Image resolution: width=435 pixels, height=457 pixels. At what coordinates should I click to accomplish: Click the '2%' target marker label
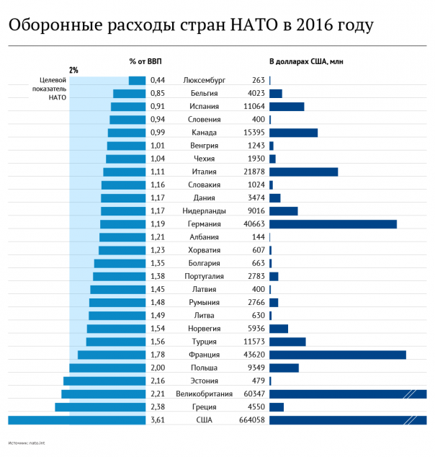pos(73,70)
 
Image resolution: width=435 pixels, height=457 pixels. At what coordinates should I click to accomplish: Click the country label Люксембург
pos(205,81)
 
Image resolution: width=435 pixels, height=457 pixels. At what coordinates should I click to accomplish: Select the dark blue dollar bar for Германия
pos(333,224)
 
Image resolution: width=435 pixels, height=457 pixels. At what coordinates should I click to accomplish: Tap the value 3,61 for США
pos(158,420)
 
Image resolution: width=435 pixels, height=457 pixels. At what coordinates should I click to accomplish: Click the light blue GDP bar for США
pos(77,420)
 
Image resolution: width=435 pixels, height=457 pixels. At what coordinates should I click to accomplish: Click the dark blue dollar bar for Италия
pos(303,172)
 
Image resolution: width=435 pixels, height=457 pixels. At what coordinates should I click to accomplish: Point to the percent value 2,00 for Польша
pos(158,368)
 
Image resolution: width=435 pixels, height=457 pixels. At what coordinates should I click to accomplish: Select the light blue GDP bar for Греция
pos(101,407)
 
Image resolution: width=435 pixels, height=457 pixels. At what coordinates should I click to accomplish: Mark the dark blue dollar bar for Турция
pos(287,342)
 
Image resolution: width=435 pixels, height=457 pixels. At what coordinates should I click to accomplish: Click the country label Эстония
pos(205,381)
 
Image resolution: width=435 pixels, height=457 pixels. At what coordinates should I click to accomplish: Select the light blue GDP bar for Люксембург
pos(138,81)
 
